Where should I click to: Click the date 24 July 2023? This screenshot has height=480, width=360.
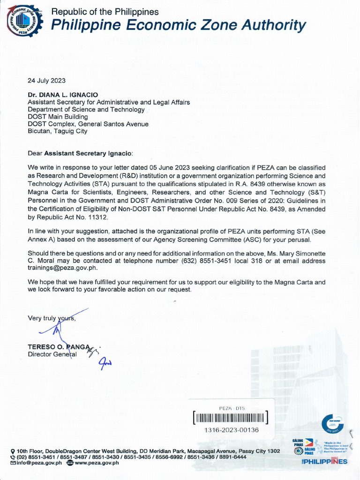click(x=46, y=80)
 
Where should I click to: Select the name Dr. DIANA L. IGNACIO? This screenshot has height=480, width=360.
click(x=63, y=95)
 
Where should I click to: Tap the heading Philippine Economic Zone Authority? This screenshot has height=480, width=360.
click(x=178, y=25)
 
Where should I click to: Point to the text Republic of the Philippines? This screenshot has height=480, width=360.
click(x=105, y=12)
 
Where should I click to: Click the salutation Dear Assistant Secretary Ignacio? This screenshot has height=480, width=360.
click(x=80, y=153)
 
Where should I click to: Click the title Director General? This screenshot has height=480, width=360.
click(x=52, y=354)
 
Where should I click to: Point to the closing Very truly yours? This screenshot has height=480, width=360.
click(x=52, y=318)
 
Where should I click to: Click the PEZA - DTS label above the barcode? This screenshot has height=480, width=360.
click(x=232, y=408)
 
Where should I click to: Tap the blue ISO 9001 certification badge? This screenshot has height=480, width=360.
click(x=332, y=425)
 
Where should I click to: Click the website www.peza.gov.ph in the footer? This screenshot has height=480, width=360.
click(x=97, y=463)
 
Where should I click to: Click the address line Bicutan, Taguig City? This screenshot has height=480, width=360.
click(x=57, y=131)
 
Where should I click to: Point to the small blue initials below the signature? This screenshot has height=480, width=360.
click(x=105, y=362)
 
